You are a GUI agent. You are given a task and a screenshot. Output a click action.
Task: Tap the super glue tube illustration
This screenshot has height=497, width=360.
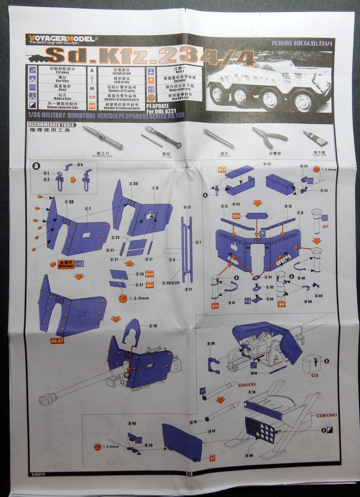[x=315, y=137]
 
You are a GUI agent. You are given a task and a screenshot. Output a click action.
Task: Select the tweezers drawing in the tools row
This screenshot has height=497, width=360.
[x=218, y=138]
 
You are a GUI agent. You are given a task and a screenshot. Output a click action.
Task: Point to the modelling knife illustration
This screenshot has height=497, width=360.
[x=102, y=137]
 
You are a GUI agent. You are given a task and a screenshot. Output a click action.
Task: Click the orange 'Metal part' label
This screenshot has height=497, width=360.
[x=66, y=265]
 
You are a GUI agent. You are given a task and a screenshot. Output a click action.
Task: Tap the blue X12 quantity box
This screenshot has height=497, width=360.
[x=79, y=264]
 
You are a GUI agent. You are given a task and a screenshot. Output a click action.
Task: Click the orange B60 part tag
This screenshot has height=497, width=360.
[x=150, y=274]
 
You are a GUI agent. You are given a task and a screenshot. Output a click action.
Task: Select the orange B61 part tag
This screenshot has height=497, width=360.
[x=150, y=285]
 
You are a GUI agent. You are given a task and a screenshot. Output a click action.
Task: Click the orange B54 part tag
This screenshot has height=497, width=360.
[x=222, y=169]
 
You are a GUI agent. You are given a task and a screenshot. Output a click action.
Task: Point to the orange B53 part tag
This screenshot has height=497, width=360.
[x=237, y=215]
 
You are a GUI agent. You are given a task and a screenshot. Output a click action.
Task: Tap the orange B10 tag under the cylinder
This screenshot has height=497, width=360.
[x=215, y=306]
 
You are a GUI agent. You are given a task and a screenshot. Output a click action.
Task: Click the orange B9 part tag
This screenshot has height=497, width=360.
[x=281, y=304]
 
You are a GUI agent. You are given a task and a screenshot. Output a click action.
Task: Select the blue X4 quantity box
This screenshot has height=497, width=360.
[x=247, y=300]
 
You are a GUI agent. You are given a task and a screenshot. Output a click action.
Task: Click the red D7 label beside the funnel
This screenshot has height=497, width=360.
[x=325, y=227]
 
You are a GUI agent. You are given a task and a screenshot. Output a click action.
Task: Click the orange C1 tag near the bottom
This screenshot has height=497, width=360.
[x=212, y=458]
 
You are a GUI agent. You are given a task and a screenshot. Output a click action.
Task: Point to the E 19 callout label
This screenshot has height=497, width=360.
[x=153, y=326]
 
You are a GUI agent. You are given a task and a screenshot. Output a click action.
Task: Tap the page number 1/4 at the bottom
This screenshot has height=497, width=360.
[x=189, y=474]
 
